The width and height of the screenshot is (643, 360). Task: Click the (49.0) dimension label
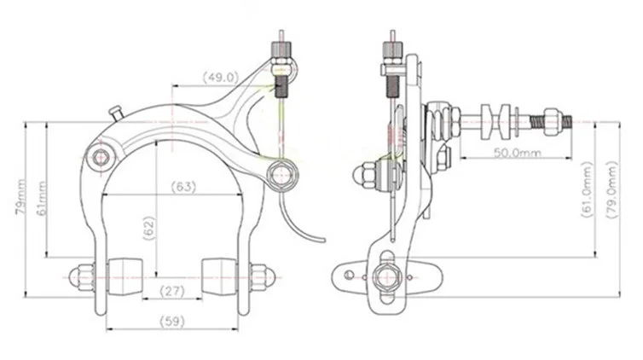(x=221, y=77)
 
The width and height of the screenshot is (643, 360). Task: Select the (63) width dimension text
(x=183, y=187)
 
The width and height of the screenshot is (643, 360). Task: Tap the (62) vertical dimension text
(x=149, y=228)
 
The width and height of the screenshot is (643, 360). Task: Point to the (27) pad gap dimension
(x=171, y=291)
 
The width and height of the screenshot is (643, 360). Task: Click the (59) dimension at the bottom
(x=171, y=321)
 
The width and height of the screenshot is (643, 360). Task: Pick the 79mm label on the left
(x=20, y=197)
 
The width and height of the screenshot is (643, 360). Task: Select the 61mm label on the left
(x=42, y=198)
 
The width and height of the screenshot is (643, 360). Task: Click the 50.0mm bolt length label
(x=517, y=153)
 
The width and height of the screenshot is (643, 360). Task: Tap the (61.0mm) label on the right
(x=588, y=189)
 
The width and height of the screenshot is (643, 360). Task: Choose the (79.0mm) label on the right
(x=611, y=189)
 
